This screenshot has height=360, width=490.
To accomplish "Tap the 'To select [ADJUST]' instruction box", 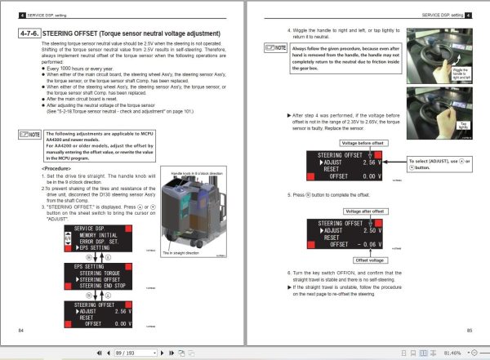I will pyautogui.click(x=438, y=163).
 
